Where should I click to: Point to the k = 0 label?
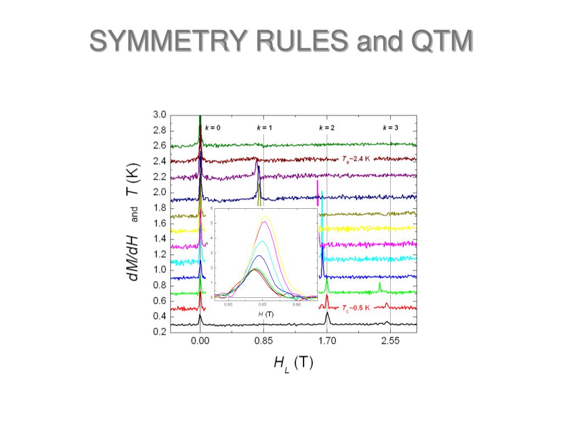[x=212, y=127]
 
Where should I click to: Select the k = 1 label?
[x=265, y=127]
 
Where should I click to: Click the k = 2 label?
[x=327, y=127]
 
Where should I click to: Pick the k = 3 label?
[x=390, y=127]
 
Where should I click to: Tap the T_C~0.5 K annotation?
[x=356, y=308]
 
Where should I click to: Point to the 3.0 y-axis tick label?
[x=159, y=115]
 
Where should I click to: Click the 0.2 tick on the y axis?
[x=159, y=332]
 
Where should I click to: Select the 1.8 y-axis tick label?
[x=159, y=208]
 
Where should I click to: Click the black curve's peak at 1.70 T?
[x=328, y=313]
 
